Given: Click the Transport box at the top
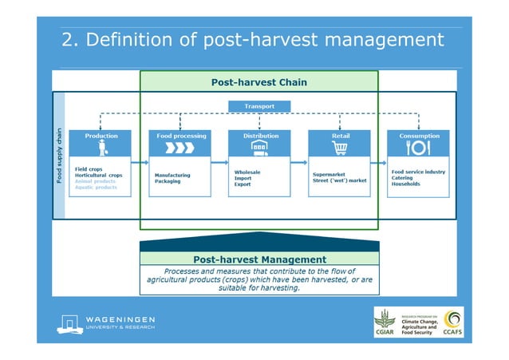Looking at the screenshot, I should point(258,105).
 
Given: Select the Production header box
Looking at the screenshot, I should point(101,136).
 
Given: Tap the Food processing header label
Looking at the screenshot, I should point(181,136).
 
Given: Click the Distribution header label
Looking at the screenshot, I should point(260,136).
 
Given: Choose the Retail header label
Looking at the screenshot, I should point(340,136).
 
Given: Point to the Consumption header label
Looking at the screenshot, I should point(419,136).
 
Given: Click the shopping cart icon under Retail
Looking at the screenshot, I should point(340,148).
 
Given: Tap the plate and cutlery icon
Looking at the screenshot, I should point(419,148).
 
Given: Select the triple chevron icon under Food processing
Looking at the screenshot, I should point(181,148).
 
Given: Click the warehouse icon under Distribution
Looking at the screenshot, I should point(260,148).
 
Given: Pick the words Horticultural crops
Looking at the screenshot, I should point(98,175).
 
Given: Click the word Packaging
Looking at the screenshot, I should point(168,181).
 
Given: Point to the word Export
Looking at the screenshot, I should point(243,184).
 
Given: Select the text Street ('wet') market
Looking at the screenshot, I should point(340,181).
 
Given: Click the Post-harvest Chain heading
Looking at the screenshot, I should point(258,82).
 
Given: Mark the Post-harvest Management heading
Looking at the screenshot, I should point(259,259).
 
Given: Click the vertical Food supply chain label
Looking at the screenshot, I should point(58,155).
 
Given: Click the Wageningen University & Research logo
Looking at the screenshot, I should point(107,323).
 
